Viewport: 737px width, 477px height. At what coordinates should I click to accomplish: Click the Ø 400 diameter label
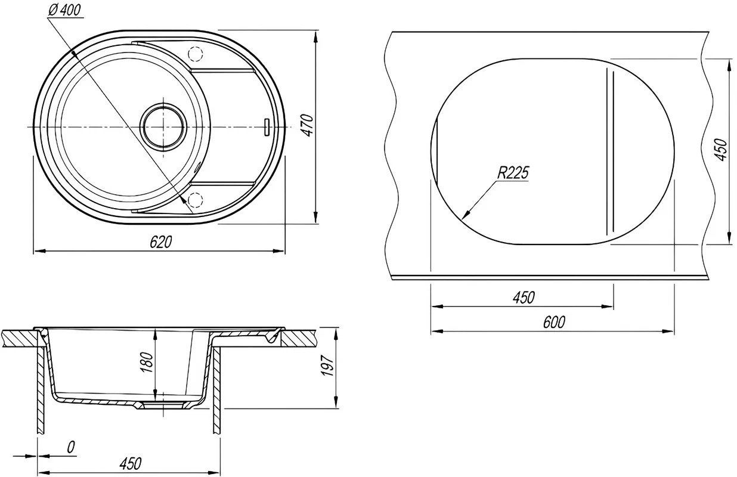(x=64, y=10)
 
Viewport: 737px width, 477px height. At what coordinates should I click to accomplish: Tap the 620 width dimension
(x=160, y=243)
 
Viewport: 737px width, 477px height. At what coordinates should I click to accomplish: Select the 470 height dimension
(x=308, y=125)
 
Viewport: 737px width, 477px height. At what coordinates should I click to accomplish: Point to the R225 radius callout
(x=513, y=173)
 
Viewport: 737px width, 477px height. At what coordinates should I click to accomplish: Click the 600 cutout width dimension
(x=554, y=323)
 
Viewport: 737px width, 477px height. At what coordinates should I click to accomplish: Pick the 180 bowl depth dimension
(x=147, y=363)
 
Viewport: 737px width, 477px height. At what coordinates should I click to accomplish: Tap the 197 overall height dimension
(x=327, y=366)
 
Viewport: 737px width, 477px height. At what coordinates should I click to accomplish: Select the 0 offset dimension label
(x=71, y=447)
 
